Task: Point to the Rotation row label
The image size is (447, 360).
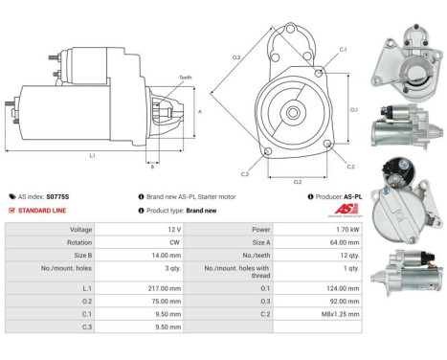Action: [80, 244]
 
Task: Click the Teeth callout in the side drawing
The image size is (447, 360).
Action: [184, 78]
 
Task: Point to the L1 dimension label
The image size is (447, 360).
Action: [91, 154]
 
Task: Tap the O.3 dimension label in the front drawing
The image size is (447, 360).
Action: [236, 58]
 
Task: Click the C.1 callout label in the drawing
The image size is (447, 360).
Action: [343, 48]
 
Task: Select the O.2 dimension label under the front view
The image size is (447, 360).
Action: [298, 180]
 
